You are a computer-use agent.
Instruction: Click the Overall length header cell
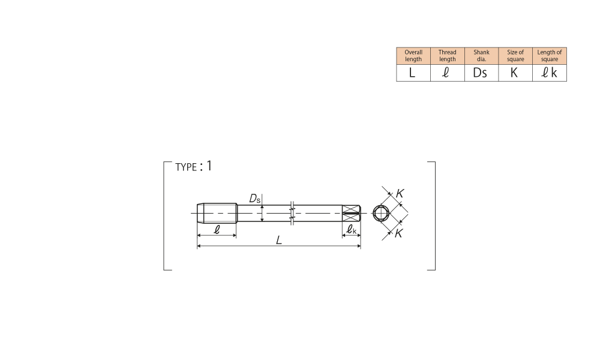pos(413,56)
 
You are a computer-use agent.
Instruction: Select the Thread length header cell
pos(448,56)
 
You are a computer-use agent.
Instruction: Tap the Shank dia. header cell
pos(481,56)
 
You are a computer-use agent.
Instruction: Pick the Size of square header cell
pos(515,56)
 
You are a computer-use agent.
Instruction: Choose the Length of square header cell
pos(550,56)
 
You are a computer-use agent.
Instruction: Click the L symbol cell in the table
pos(413,73)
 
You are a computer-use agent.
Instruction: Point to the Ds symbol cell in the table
pos(481,73)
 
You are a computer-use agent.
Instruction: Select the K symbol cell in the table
pos(515,73)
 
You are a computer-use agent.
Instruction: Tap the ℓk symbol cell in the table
pos(550,73)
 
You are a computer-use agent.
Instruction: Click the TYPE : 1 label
pos(194,166)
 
